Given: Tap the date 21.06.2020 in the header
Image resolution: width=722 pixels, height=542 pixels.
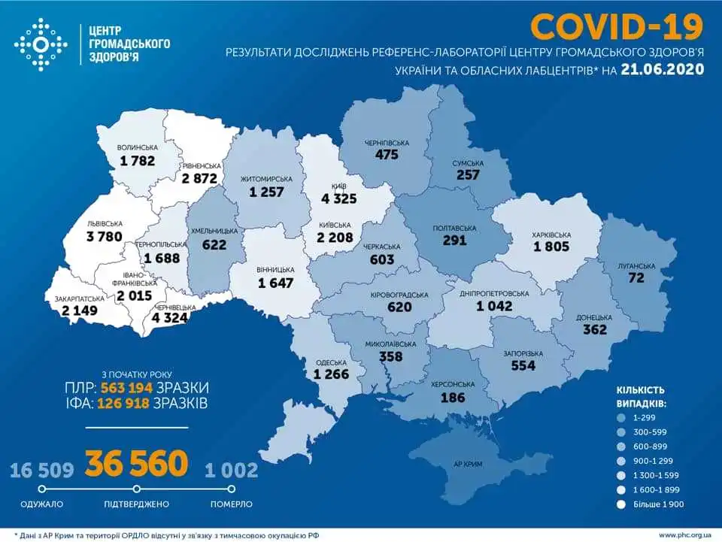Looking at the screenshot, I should click(662, 69).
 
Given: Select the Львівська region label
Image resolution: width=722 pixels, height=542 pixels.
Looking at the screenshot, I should click(84, 224).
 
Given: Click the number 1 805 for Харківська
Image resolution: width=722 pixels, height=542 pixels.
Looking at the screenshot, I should click(554, 246).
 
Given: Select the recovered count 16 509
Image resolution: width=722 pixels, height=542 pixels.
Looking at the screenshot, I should click(41, 471).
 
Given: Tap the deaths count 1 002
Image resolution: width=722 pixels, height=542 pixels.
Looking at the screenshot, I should click(231, 471).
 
